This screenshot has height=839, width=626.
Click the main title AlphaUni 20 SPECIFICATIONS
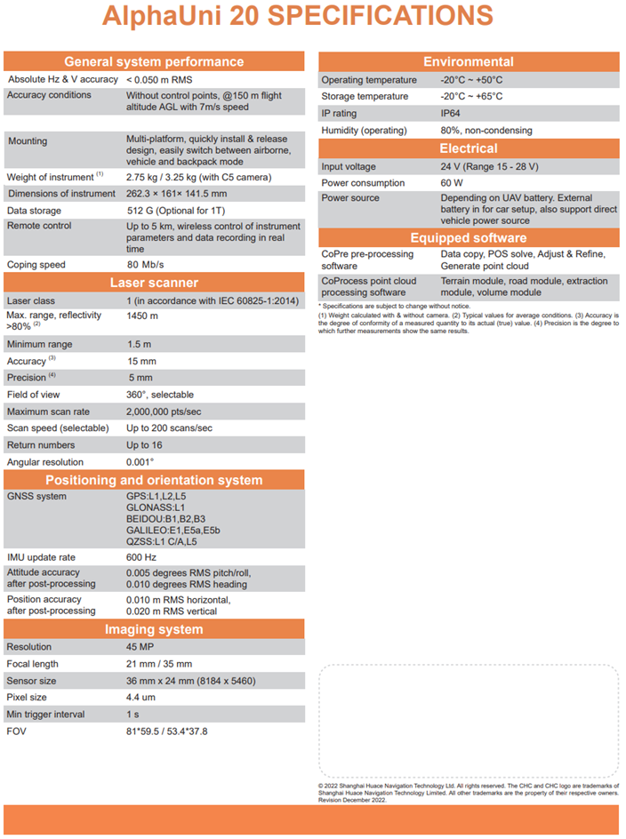pos(297,16)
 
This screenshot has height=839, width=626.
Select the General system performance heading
pos(153,61)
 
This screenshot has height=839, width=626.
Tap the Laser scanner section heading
pos(153,283)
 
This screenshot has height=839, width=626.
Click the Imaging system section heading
pos(153,629)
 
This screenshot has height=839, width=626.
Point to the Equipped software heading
pos(468,237)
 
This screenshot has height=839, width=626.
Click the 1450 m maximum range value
pos(142,316)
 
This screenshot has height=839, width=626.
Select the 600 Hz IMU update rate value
pos(141,556)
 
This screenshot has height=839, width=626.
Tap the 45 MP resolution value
pos(140,647)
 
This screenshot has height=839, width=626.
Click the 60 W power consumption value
pos(452,182)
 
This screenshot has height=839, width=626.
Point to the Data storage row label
pos(35,211)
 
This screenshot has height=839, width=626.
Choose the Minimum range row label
pos(40,344)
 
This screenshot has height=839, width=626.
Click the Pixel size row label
pos(28,698)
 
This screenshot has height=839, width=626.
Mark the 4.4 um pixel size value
pos(141,698)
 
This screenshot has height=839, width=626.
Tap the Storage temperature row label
pos(365,96)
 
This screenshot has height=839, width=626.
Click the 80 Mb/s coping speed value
pos(146,264)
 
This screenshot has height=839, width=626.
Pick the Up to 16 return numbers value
pos(144,445)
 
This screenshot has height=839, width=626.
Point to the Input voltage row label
pos(349,166)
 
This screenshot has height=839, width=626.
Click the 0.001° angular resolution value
pos(140,462)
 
